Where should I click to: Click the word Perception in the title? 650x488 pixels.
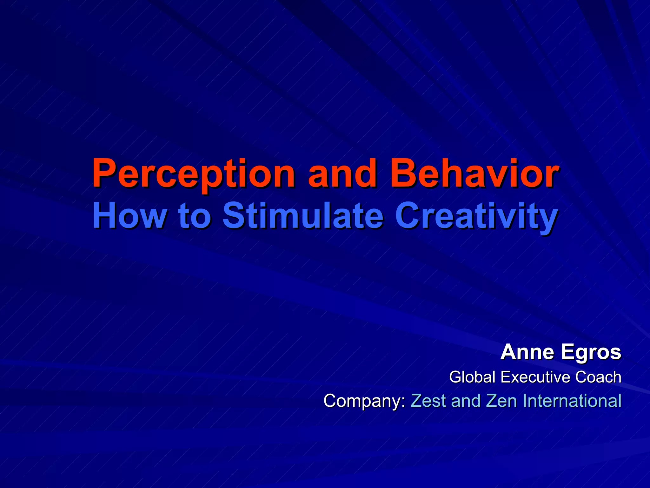(193, 174)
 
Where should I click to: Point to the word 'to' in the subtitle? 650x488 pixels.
(195, 216)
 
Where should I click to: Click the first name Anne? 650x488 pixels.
(528, 352)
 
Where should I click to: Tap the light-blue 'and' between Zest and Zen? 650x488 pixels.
(466, 400)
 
